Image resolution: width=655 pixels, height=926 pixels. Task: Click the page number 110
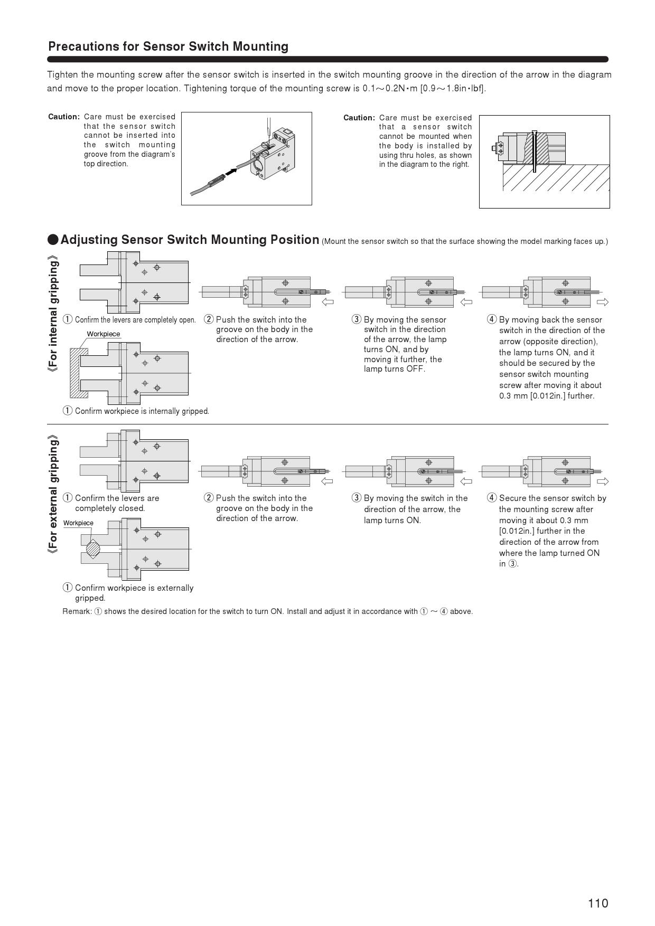(598, 903)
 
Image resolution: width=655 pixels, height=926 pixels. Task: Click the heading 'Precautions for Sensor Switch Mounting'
(168, 46)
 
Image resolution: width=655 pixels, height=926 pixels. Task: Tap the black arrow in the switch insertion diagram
(231, 171)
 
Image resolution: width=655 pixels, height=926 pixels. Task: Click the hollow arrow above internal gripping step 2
(327, 302)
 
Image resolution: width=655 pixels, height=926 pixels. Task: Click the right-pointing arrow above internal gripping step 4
(602, 302)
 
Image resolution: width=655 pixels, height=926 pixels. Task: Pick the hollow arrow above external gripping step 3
(466, 481)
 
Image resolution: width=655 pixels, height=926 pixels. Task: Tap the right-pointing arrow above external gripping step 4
(602, 481)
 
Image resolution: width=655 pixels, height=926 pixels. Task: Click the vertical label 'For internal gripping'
(53, 314)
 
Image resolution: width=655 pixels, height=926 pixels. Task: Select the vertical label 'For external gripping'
(53, 494)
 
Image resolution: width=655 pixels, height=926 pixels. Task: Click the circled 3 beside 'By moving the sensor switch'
(357, 319)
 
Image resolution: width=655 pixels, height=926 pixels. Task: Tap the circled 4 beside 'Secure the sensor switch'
(492, 498)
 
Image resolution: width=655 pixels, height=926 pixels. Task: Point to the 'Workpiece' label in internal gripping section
(104, 334)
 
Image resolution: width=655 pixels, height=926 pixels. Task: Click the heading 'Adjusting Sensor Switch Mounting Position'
(190, 240)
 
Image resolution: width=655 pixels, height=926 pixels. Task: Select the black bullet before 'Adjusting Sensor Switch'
(53, 240)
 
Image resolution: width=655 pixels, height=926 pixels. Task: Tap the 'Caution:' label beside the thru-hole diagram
(359, 118)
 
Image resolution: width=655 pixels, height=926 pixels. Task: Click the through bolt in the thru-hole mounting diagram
(535, 151)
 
